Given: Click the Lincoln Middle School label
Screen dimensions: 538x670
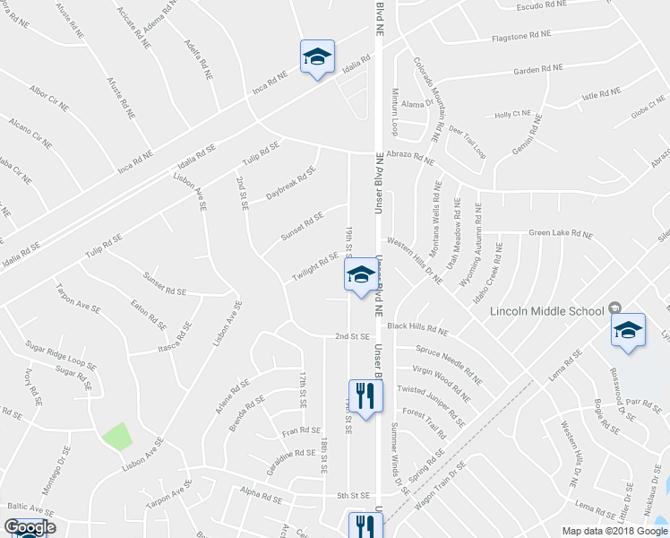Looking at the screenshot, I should click(547, 312).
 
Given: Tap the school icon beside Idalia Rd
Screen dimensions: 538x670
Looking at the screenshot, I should click(316, 57).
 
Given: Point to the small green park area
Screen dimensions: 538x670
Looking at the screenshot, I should click(116, 438).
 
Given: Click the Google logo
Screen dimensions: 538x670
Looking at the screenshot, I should click(30, 527).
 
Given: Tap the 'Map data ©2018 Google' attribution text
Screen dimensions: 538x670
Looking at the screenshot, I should click(614, 531).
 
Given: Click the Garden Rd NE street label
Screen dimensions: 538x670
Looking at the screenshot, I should click(537, 68).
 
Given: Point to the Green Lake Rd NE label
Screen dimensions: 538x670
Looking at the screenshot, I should click(560, 234).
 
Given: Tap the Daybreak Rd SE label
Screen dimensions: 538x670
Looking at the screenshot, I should click(291, 184).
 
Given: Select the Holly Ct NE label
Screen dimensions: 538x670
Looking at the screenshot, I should click(512, 115).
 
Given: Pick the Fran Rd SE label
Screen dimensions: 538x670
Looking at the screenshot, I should click(295, 431).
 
